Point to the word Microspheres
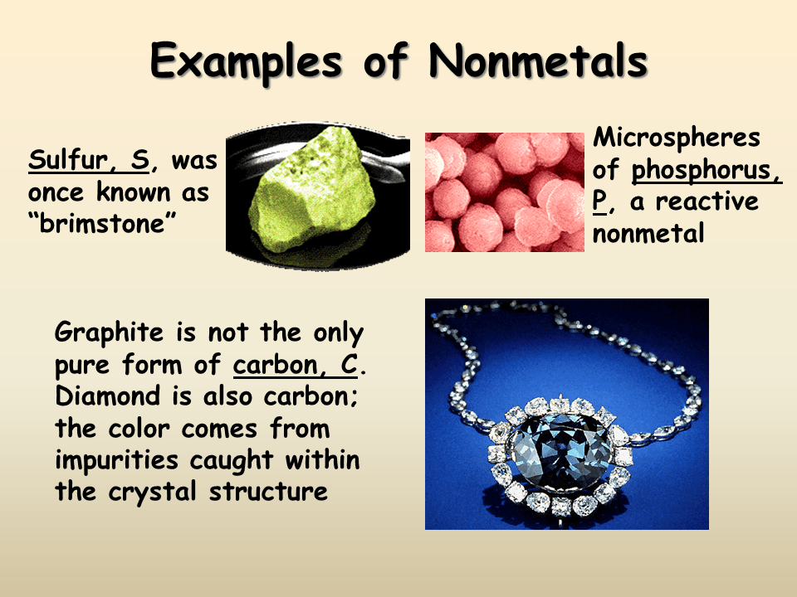pos(677,138)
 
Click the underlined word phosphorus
pos(707,170)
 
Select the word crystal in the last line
pos(154,491)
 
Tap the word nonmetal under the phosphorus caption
pos(648,233)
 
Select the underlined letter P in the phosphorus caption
pos(600,201)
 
